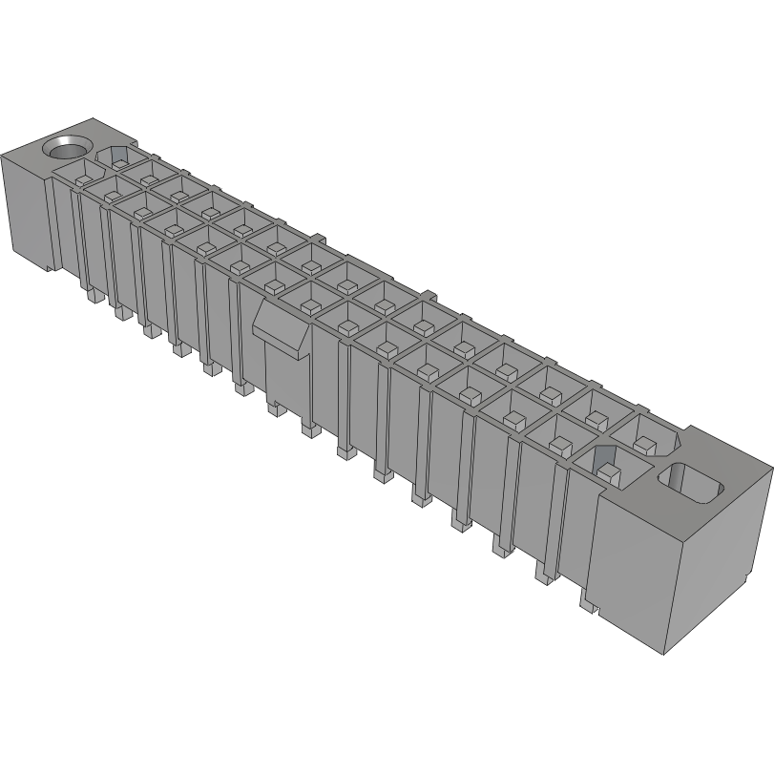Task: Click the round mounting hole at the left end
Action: [x=68, y=148]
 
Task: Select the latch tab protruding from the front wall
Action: [x=282, y=326]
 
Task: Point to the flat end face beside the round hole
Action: [x=23, y=204]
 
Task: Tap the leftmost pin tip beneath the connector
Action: [x=93, y=297]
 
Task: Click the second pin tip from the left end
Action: [x=120, y=313]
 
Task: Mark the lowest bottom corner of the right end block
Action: [x=666, y=656]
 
